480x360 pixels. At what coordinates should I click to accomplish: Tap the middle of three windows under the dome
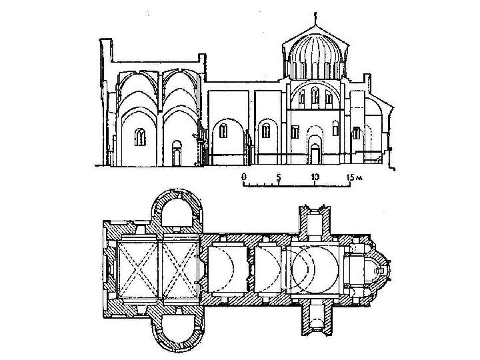(314, 98)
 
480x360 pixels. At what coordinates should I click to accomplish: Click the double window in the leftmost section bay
(141, 137)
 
